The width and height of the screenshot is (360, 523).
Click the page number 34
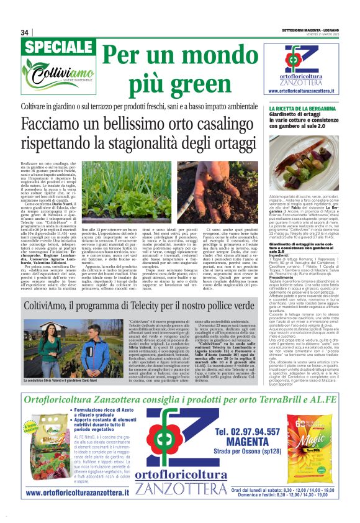coord(25,32)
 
